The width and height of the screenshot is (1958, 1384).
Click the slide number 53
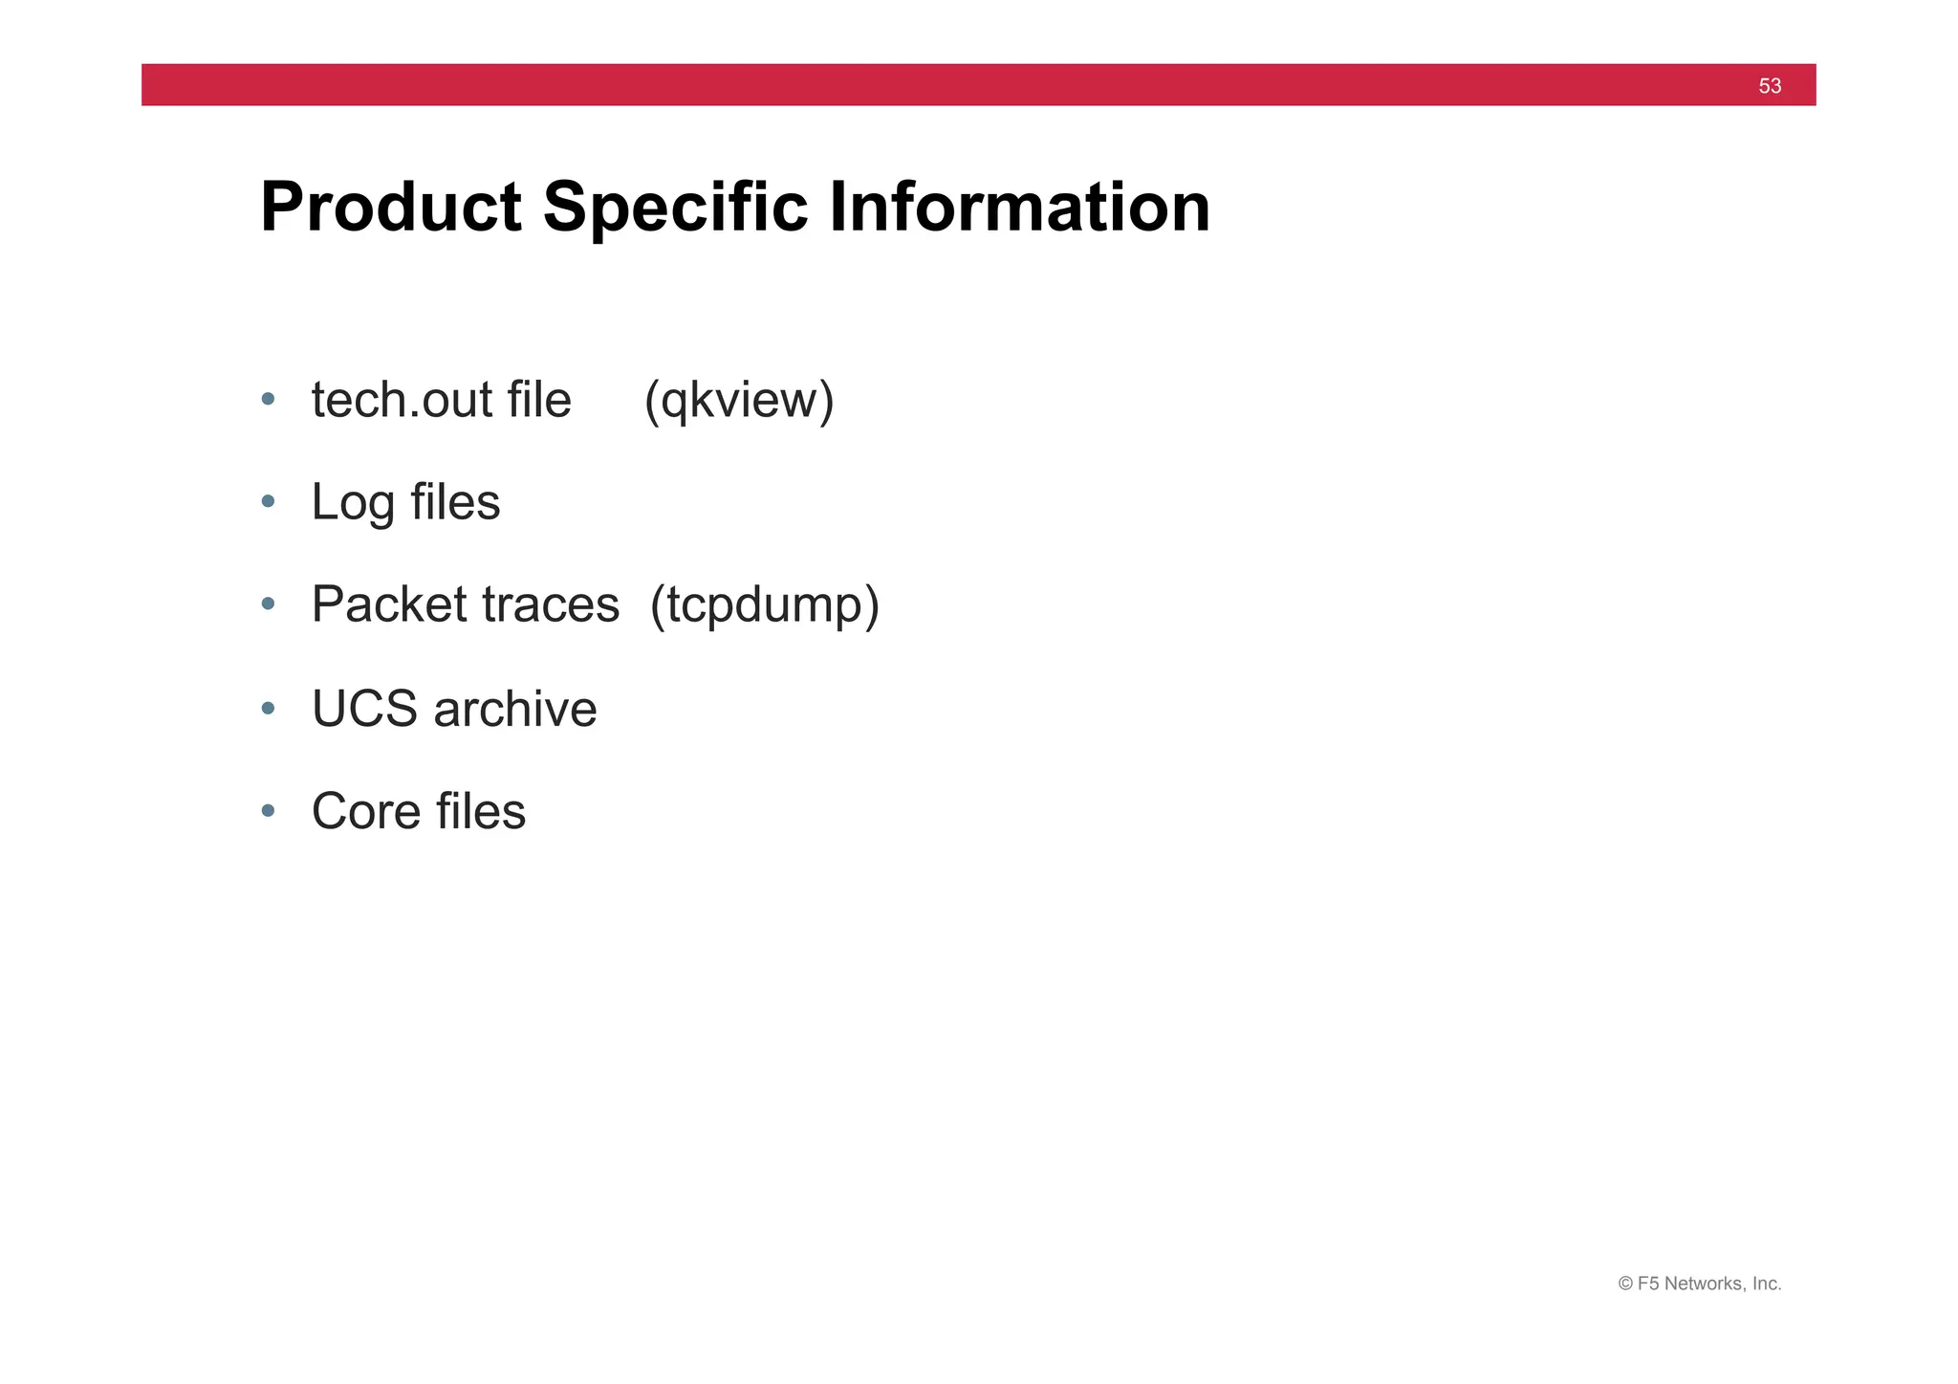pos(1769,86)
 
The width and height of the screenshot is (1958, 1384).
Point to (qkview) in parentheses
pos(739,400)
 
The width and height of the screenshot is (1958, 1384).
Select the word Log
pos(353,502)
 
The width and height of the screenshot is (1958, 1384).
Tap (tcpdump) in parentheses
pos(764,604)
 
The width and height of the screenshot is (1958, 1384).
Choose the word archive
pos(515,709)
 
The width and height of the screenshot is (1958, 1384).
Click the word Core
pos(365,811)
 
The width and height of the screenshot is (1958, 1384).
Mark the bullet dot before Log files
pos(269,501)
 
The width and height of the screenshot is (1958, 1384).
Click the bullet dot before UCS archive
pos(269,709)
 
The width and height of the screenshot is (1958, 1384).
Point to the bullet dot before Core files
pos(269,811)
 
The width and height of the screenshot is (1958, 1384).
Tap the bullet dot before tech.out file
pos(269,399)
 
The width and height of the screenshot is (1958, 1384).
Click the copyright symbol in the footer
pos(1624,1284)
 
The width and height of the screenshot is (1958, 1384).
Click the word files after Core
pos(481,811)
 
